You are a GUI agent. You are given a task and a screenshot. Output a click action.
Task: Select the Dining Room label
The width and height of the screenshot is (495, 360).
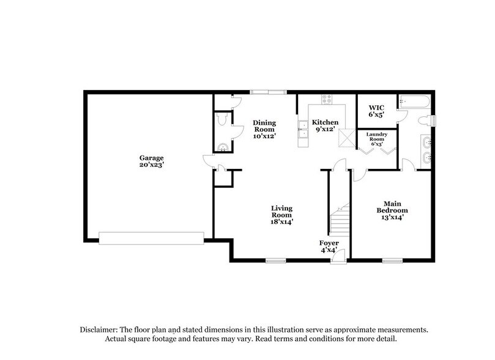tap(264, 126)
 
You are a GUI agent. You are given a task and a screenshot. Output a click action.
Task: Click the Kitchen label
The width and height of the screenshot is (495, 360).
tap(325, 122)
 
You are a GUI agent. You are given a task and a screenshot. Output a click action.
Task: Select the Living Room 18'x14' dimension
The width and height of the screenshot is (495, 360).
tap(282, 222)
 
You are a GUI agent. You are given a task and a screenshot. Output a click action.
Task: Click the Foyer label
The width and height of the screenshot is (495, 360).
tap(329, 243)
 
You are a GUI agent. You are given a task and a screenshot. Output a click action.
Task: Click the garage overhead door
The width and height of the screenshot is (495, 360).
tap(151, 238)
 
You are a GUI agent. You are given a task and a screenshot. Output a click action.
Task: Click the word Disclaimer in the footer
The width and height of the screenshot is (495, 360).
tap(100, 329)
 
